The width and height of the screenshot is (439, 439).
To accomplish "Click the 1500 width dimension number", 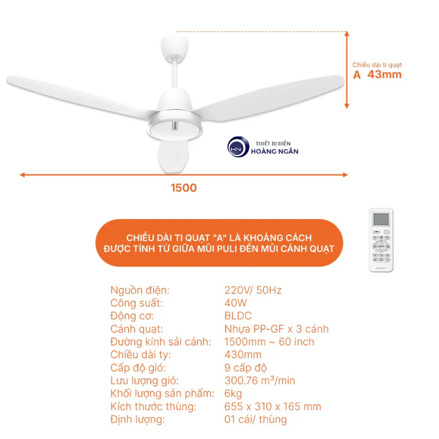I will (x=183, y=188).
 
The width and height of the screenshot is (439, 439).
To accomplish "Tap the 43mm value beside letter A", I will (x=384, y=75).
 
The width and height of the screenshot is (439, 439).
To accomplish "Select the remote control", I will (x=381, y=240).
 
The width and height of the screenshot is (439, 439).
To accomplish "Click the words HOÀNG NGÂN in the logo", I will (x=274, y=151).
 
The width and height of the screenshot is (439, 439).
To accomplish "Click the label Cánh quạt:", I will (x=137, y=329).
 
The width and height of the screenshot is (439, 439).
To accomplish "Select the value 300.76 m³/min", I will (x=260, y=381).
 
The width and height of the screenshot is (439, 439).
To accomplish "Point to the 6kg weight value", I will (x=233, y=393).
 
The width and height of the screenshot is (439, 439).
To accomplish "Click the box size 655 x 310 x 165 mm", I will (x=273, y=406).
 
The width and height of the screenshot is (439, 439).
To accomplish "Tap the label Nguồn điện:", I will (x=140, y=290).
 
